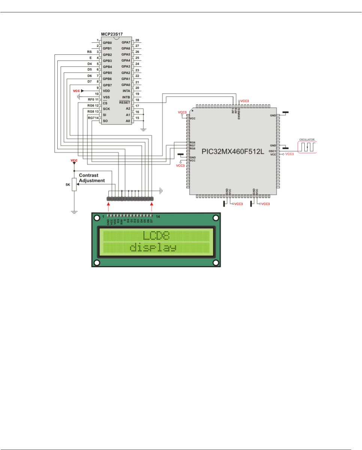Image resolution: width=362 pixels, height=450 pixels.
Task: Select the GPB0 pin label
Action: pos(108,43)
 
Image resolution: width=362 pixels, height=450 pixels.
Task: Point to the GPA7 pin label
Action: pos(126,43)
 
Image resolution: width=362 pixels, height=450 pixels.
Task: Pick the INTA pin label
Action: pos(126,91)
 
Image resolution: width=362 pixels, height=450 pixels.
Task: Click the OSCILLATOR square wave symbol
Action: pos(307,146)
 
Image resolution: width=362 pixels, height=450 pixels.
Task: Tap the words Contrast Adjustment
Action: pos(91,178)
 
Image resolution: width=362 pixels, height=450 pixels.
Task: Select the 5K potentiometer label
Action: pos(67,184)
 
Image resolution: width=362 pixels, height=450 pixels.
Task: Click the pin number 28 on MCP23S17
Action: pos(137,40)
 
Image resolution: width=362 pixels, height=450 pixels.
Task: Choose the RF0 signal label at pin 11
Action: pos(91,100)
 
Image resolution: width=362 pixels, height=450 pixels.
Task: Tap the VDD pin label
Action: pos(106,91)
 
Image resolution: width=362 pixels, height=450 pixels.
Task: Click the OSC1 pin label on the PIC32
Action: pos(272,151)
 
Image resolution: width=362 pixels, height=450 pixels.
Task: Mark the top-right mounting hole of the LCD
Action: pos(215,217)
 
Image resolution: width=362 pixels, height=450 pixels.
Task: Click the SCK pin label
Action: pos(106,109)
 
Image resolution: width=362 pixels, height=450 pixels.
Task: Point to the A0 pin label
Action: pos(128,121)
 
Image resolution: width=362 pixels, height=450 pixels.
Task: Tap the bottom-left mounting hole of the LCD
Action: pos(97,262)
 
